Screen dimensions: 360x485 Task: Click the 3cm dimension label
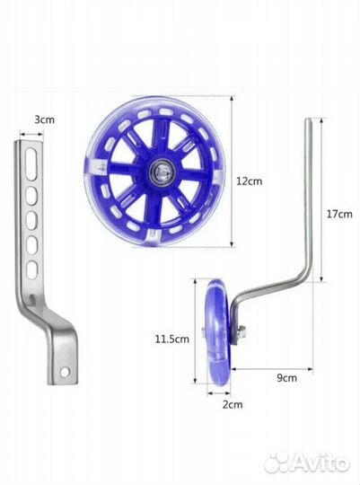coord(45,119)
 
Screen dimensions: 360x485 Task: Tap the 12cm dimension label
coord(250,181)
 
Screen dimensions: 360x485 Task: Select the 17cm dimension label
coord(339,214)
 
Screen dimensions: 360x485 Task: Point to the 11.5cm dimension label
coord(172,339)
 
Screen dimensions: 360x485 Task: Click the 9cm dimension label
coord(286,377)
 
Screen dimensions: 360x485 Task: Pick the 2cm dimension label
coord(233,404)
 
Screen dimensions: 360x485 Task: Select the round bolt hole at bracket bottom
coord(65,373)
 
